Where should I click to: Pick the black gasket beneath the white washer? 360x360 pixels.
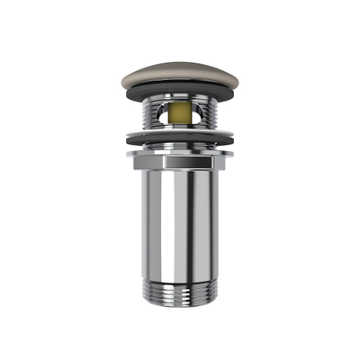click(179, 142)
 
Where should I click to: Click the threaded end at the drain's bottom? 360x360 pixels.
click(179, 290)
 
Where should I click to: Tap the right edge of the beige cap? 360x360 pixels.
click(230, 78)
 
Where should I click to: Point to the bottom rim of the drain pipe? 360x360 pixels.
click(179, 302)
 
